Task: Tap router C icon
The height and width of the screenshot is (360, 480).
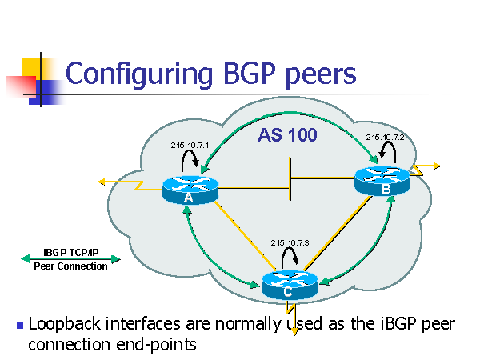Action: pos(290,284)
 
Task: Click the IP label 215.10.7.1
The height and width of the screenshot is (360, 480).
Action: pos(190,145)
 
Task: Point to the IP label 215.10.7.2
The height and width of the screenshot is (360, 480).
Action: pos(386,138)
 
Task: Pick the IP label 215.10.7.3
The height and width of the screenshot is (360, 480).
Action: pos(290,242)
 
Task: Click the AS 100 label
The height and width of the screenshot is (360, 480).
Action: pos(287,135)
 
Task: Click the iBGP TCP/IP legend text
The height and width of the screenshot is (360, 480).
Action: pos(70,252)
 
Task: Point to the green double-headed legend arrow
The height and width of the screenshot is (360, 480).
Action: pos(70,259)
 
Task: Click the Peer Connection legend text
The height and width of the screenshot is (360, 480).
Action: pos(70,266)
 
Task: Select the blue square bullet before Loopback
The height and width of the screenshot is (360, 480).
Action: pos(19,326)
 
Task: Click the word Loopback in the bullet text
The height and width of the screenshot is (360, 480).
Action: pos(62,324)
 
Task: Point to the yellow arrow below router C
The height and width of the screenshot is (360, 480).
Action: pos(294,324)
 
